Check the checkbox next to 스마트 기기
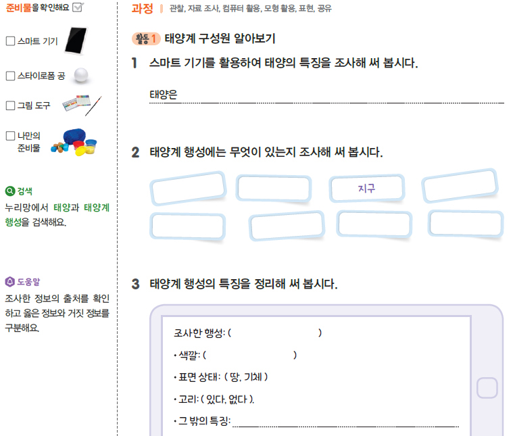pos(10,41)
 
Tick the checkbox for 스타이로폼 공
pos(10,76)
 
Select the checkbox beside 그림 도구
pos(10,105)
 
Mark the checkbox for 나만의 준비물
pos(10,136)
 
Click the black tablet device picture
pos(78,41)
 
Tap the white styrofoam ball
pos(81,75)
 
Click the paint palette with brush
pos(81,105)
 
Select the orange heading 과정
pos(142,9)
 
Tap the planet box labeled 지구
pos(366,189)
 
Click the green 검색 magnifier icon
pos(9,191)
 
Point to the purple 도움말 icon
pos(9,282)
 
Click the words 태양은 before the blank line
pos(163,95)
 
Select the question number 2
pos(135,153)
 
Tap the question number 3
pos(135,284)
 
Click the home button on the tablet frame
pos(487,388)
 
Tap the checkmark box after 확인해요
pos(77,8)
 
